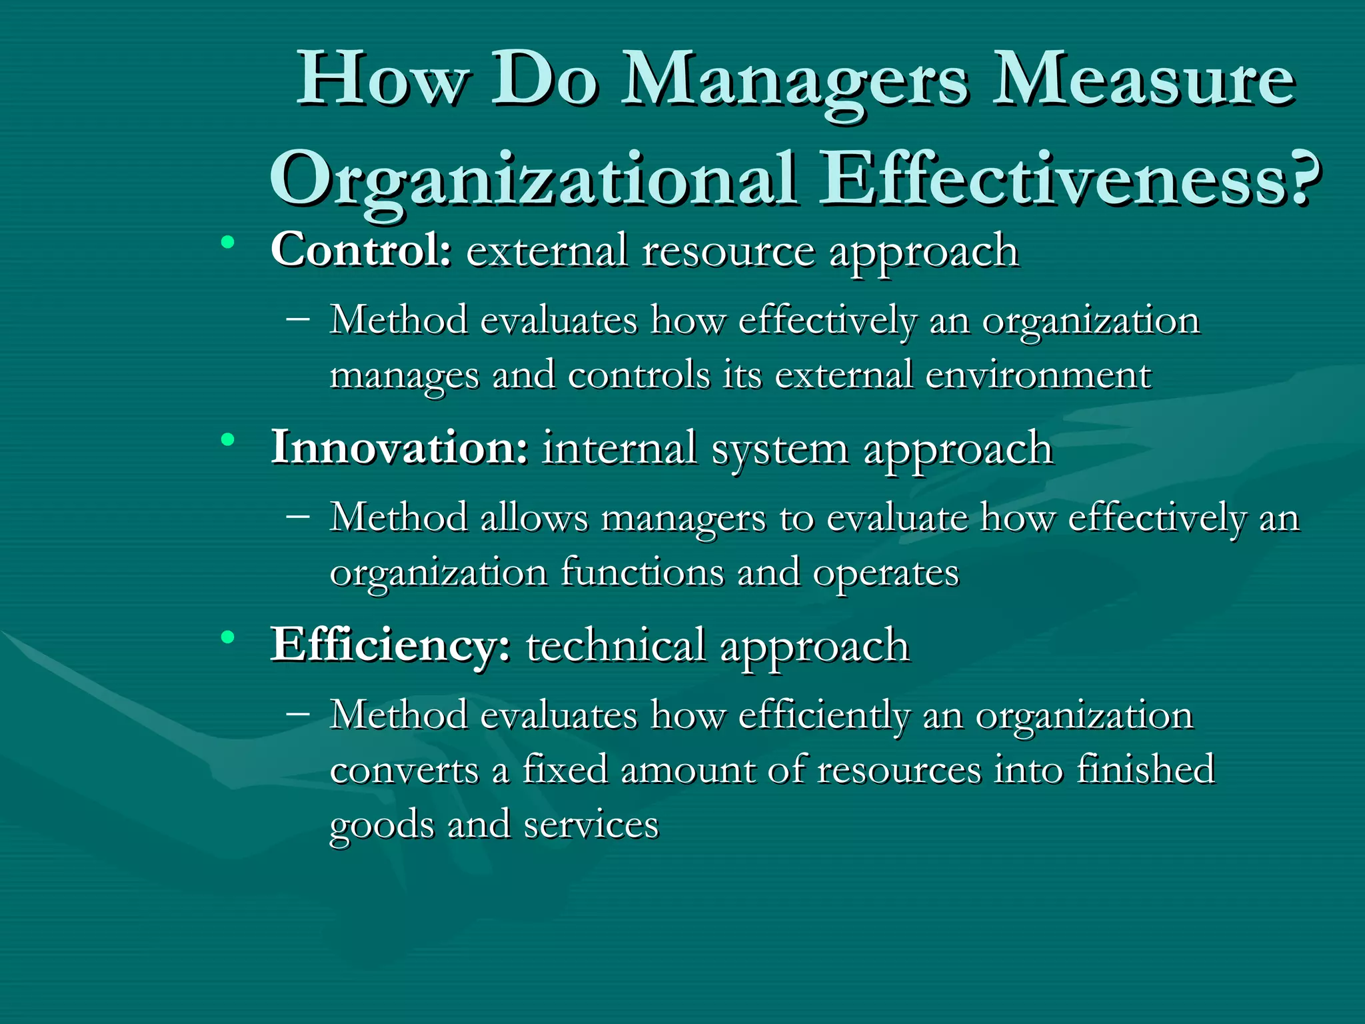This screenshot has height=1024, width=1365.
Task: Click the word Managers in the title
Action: [794, 83]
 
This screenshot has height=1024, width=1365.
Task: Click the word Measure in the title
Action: [1143, 81]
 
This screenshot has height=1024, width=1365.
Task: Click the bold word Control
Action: [361, 251]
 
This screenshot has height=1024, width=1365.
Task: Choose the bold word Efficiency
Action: [391, 645]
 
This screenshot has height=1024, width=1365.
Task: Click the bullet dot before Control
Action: [229, 243]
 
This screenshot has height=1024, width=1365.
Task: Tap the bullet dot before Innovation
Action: [229, 440]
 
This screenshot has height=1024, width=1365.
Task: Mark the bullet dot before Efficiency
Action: [229, 638]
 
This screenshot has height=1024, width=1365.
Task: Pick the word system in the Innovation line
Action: [780, 449]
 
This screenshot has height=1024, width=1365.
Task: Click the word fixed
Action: [565, 769]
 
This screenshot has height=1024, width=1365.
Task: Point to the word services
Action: [591, 825]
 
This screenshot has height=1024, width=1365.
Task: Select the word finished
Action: [1146, 769]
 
